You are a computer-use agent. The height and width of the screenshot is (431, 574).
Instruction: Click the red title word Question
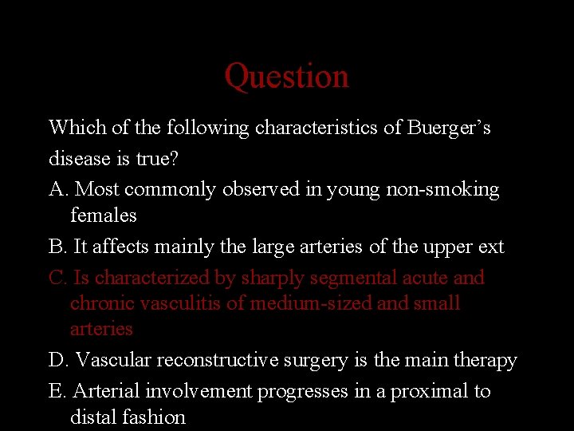coord(286,77)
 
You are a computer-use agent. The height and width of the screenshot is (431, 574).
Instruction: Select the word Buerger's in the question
coord(449,128)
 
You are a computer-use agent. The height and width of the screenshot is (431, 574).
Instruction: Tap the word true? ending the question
coord(158,159)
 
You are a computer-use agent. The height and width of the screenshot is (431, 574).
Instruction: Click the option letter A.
coord(57,190)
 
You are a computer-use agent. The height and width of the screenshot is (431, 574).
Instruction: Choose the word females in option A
coord(104,215)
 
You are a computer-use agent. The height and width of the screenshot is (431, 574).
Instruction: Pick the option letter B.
coord(57,247)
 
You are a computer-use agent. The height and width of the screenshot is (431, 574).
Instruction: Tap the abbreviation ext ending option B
coord(491,247)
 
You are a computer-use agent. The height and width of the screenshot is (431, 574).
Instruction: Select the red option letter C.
coord(57,278)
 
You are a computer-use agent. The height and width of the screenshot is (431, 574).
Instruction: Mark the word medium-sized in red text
coord(305,303)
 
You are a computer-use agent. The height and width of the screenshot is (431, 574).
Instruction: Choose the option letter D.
coord(57,360)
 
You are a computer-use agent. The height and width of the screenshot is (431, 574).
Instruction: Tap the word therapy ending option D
coord(487,360)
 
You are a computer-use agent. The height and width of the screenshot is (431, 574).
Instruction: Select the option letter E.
coord(57,391)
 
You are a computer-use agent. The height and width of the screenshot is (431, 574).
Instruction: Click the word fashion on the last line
coord(156,417)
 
